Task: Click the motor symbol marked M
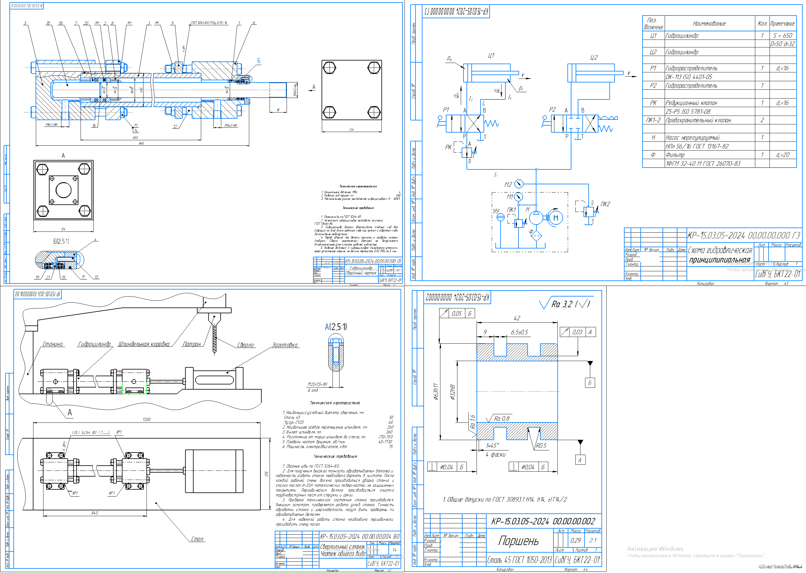[556, 218]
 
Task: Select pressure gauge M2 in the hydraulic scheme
[519, 184]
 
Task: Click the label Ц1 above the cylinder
[491, 55]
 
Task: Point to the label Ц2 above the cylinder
[594, 57]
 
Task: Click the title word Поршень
[518, 541]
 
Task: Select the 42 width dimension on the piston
[517, 318]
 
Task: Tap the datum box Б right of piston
[590, 383]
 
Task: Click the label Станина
[53, 344]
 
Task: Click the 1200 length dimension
[147, 419]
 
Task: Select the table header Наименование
[709, 24]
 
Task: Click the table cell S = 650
[782, 36]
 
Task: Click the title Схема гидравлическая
[720, 250]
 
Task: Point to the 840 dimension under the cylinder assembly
[141, 143]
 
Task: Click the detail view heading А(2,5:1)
[336, 327]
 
